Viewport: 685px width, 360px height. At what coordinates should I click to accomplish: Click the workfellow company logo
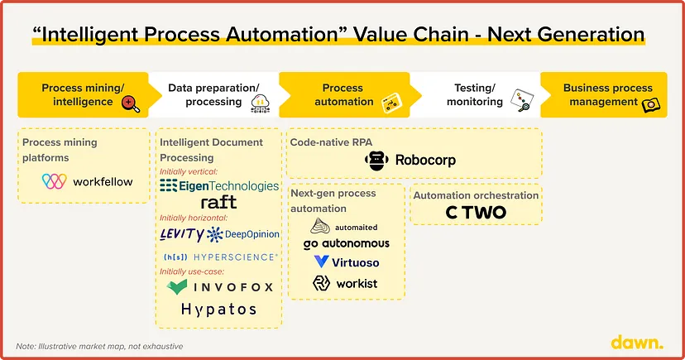coord(87,181)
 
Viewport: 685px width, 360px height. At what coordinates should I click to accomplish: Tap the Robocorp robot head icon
coord(376,161)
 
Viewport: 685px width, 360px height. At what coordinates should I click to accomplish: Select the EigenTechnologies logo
coord(219,185)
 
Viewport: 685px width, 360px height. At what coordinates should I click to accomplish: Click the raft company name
coord(218,202)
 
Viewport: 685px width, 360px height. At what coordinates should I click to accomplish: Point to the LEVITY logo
coord(181,234)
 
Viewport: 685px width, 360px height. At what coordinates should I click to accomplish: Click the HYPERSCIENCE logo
coord(221,257)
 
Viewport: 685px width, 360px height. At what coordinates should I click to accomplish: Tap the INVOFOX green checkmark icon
coord(177,287)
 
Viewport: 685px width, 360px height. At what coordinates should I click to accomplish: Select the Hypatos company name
coord(218,310)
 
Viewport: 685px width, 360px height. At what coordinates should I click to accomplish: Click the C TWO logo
coord(476,213)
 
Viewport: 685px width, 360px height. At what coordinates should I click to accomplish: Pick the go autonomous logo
coord(346,244)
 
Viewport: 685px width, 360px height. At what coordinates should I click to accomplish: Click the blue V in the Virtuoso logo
coord(321,262)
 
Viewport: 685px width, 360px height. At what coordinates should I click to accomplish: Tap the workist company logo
coord(345,284)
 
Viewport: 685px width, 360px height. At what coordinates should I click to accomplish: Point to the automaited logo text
coord(356,228)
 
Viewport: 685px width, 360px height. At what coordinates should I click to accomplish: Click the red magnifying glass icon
coord(130,104)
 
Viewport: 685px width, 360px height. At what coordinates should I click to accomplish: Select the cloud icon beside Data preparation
coord(260,103)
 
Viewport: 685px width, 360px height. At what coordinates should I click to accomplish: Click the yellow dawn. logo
coord(637,343)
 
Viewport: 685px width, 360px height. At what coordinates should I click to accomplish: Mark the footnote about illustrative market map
coord(99,347)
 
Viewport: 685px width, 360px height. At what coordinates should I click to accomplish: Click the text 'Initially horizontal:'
coord(194,218)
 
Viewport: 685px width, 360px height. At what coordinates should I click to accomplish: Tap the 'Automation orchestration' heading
coord(476,195)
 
